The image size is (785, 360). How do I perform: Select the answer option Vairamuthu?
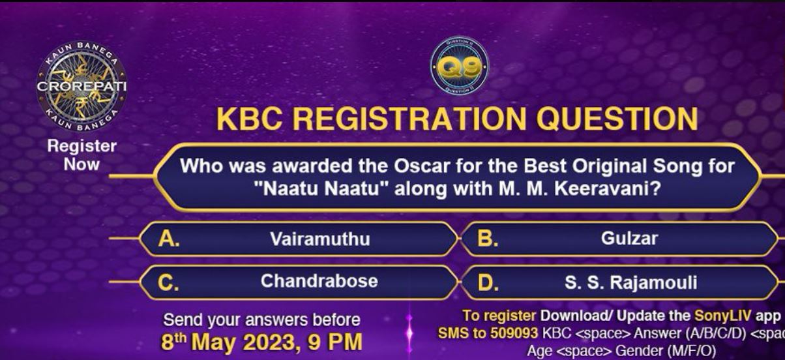coord(320,239)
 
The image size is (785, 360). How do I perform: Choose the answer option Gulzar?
coord(629,239)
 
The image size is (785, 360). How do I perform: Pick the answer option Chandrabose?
coord(319,281)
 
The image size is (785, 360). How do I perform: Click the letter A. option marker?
coord(169,239)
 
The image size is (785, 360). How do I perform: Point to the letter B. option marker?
coord(488,239)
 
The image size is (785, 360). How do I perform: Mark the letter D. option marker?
coord(488,283)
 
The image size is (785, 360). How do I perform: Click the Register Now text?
coord(81,155)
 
